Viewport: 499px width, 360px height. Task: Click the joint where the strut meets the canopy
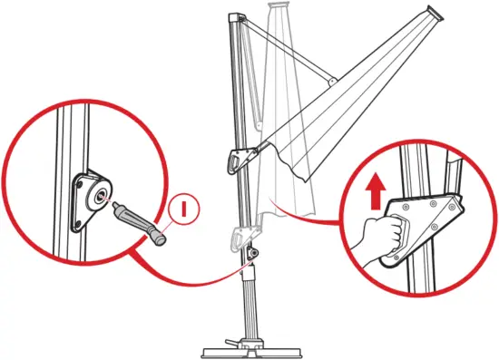pos(333,83)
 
